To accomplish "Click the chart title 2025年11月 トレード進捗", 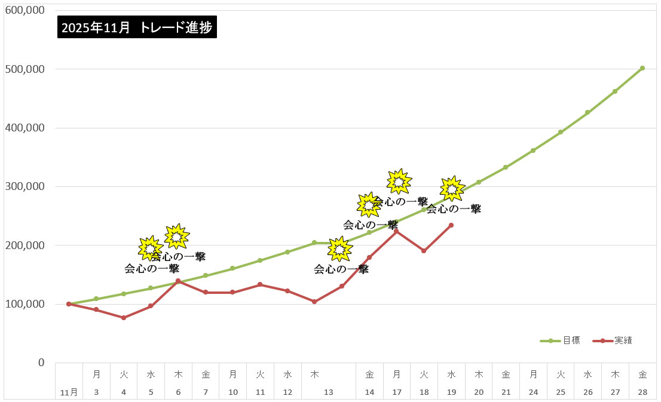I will coord(137,27).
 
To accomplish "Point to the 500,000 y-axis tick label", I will coord(25,69).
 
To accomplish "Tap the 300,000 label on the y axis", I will coord(25,186).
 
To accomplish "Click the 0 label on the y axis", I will coord(41,363).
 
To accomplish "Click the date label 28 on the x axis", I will coord(642,392).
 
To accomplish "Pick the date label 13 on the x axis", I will coord(328,392).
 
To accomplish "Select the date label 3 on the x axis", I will coord(96,392).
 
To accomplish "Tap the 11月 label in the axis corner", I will coord(69,392).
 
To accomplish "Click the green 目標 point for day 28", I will coord(642,68).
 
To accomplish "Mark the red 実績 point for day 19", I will coord(451,225).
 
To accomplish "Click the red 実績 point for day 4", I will coord(124,318).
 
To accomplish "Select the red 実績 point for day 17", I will coord(396,231).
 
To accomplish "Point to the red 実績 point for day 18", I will coord(424,251).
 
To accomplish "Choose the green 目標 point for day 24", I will coord(533,151).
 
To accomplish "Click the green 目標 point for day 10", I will coord(232,268).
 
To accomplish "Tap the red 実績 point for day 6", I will coord(178,281).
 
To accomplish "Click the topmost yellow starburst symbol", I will coord(399,181).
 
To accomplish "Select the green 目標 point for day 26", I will coord(587,112).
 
